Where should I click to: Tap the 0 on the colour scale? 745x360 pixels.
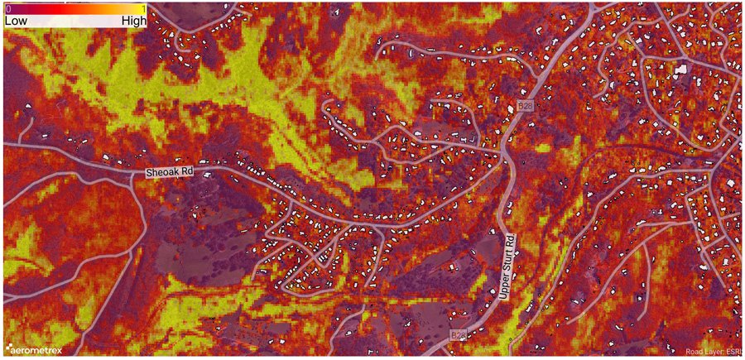coord(7,7)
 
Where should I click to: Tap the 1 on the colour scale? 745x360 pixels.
coord(144,7)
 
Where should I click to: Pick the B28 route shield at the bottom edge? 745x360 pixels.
coord(458,334)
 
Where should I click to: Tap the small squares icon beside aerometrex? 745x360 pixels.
coord(7,346)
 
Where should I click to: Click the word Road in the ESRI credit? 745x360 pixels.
coord(695,352)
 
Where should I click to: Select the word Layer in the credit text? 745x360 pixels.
coord(714,352)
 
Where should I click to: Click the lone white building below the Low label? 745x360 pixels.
coord(28,107)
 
